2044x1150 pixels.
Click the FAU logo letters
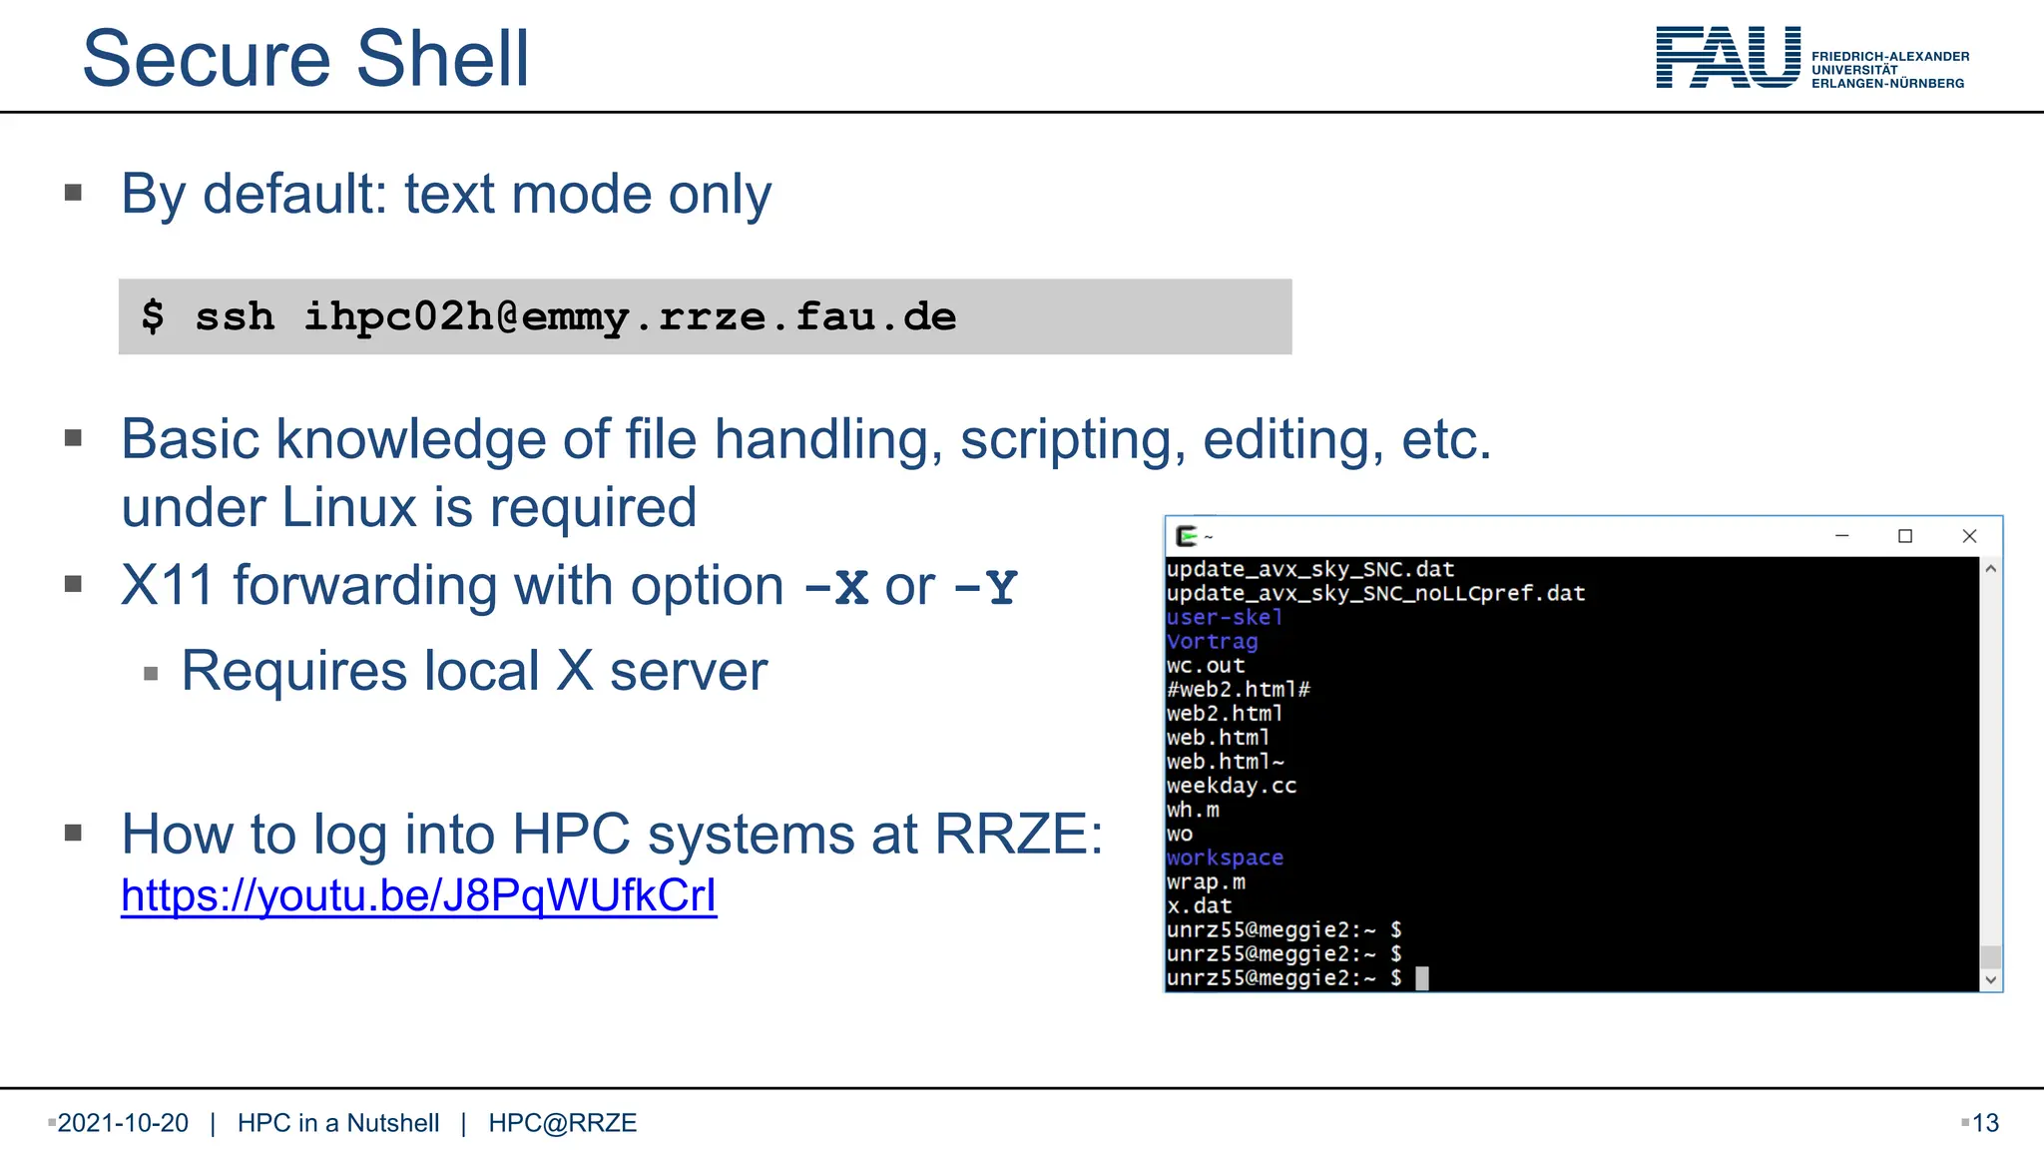(x=1728, y=58)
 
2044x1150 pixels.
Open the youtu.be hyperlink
(x=418, y=895)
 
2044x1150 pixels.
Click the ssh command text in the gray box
(x=575, y=316)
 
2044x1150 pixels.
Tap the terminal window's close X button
(x=1969, y=536)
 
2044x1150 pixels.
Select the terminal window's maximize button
(x=1905, y=536)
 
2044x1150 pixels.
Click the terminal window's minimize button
(x=1842, y=536)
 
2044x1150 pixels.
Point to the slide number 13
(x=1985, y=1123)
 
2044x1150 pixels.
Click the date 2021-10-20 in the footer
(x=123, y=1123)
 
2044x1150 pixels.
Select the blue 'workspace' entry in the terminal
(x=1225, y=858)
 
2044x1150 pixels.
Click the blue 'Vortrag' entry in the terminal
(x=1212, y=641)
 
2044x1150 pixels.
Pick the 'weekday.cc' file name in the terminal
(x=1231, y=786)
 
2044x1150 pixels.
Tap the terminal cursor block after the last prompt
(x=1422, y=978)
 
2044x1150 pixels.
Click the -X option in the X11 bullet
(x=836, y=587)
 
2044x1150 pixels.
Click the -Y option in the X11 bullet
(x=986, y=587)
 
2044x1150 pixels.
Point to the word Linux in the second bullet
(x=348, y=507)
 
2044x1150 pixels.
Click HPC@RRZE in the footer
(x=562, y=1123)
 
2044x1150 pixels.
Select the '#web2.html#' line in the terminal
(x=1238, y=689)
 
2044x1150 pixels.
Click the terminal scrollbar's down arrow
(x=1990, y=979)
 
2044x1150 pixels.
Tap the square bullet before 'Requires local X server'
(x=151, y=674)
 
